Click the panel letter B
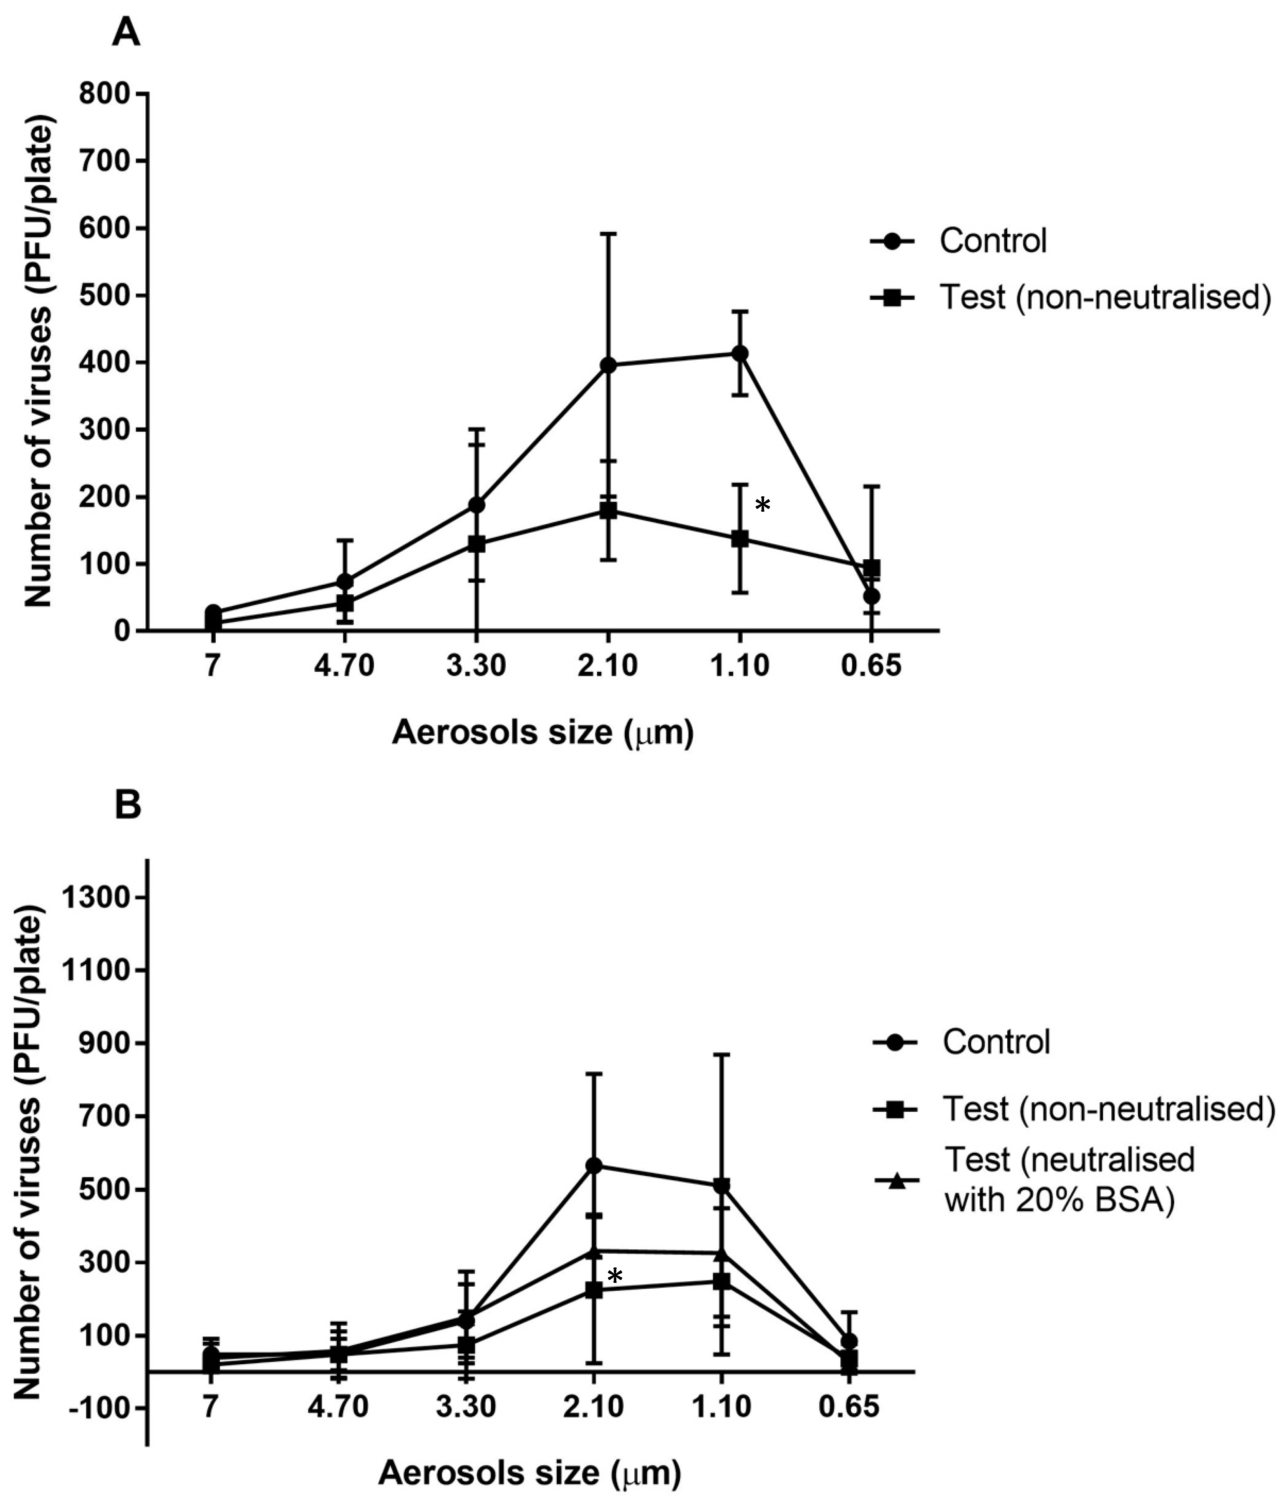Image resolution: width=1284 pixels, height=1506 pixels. (x=128, y=807)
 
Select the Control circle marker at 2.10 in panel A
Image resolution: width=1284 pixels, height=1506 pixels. (x=608, y=365)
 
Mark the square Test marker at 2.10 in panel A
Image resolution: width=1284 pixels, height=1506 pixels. (x=608, y=510)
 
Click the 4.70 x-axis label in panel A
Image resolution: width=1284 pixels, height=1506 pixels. (x=344, y=665)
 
